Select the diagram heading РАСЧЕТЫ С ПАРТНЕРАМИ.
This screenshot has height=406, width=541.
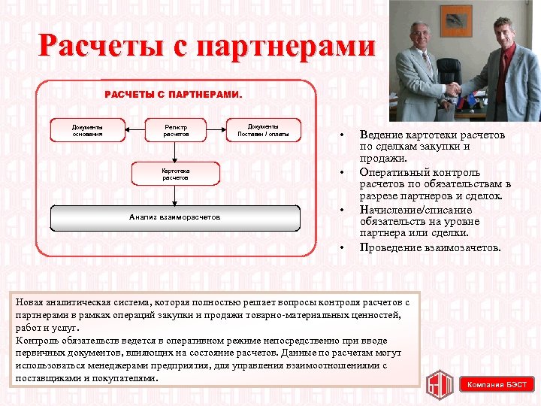[174, 95]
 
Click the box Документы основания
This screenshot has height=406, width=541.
[87, 130]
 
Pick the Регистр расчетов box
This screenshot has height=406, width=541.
[176, 130]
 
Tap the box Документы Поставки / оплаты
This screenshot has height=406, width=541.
[264, 130]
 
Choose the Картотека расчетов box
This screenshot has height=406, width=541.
[176, 174]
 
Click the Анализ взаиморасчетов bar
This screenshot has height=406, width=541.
[175, 217]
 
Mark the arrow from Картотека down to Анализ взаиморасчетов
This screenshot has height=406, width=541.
[176, 195]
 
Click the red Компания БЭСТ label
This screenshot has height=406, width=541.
[497, 385]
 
